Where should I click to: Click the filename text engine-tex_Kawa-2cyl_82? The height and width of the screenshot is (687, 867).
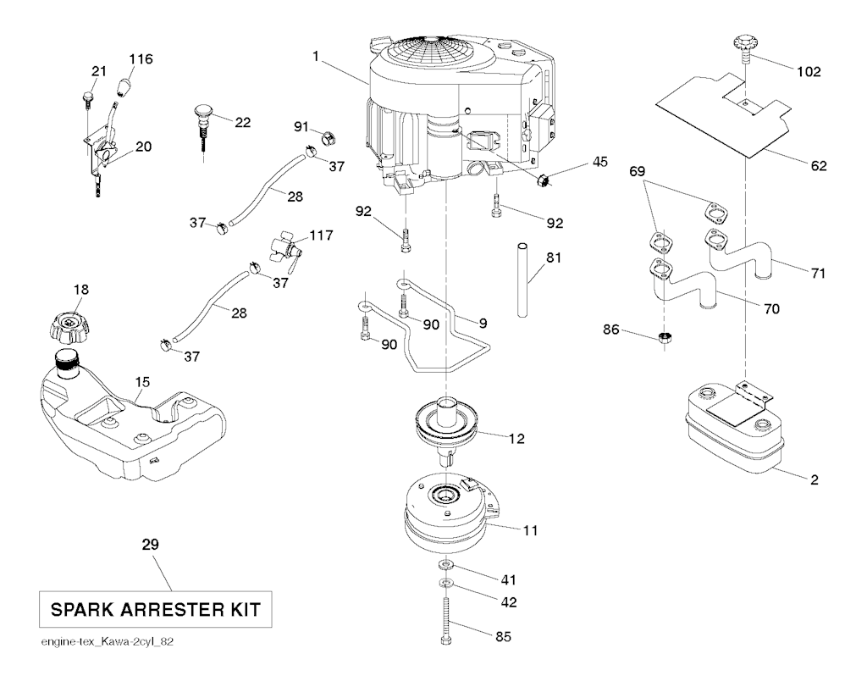tap(108, 641)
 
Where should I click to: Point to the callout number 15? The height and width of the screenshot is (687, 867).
tap(142, 382)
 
